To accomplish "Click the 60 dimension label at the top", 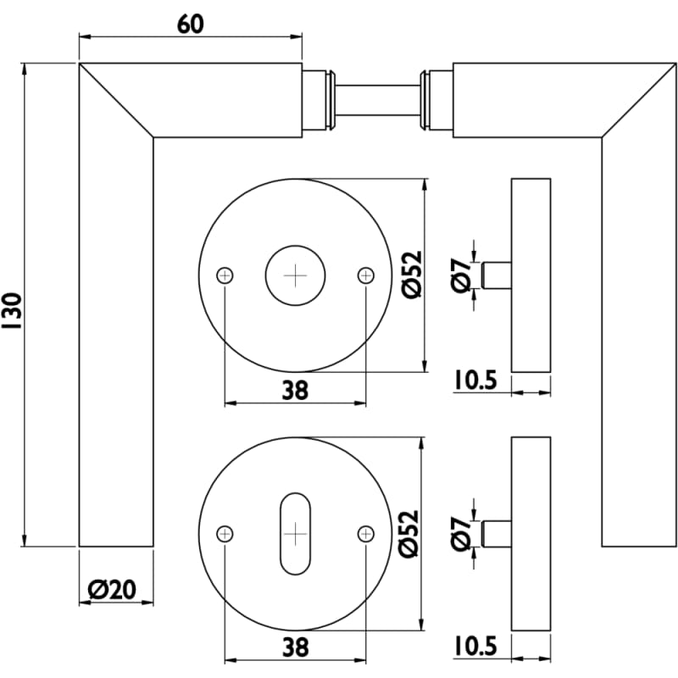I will [191, 24].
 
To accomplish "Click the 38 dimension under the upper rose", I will [294, 390].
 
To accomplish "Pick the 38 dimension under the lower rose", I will [294, 647].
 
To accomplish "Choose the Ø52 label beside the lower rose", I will [409, 533].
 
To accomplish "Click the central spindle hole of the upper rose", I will [296, 275].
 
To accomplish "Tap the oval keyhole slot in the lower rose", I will [295, 533].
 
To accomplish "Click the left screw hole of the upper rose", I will [225, 275].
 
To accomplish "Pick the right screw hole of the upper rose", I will [365, 275].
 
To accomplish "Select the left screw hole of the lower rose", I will [225, 533].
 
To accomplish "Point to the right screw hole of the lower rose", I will [365, 533].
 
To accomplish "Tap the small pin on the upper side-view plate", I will [496, 276].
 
